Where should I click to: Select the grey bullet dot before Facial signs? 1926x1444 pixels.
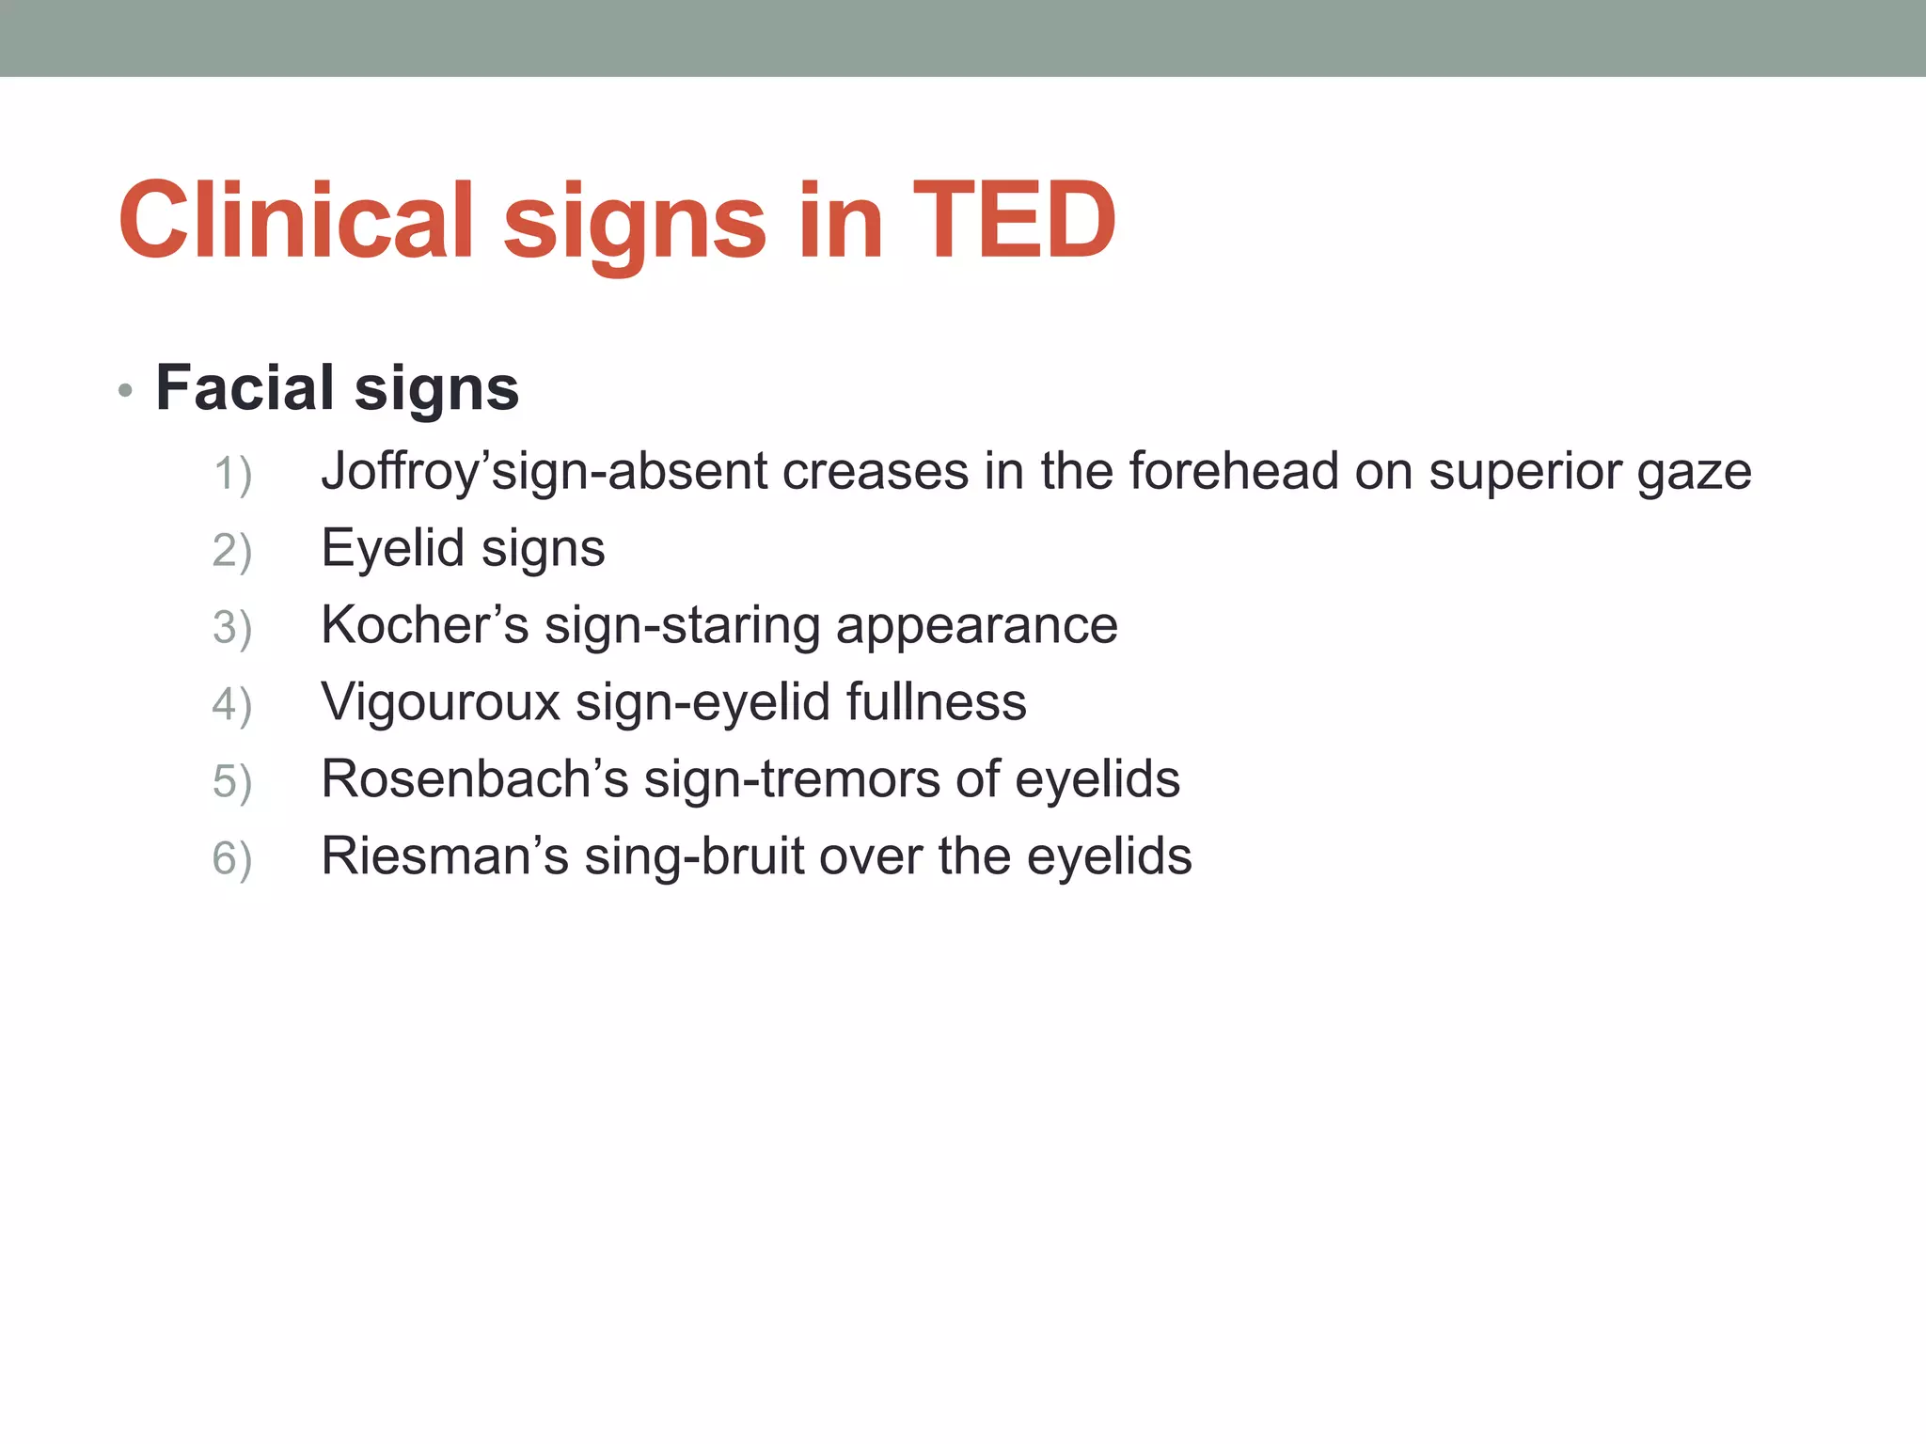click(x=126, y=390)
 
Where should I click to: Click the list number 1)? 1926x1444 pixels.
click(x=232, y=473)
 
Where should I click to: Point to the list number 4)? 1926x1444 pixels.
click(x=232, y=704)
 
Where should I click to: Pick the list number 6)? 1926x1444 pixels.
click(x=232, y=858)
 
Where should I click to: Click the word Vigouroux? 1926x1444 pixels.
click(x=440, y=702)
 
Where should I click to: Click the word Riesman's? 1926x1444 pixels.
click(x=444, y=856)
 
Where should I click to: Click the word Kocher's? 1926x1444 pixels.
click(x=424, y=625)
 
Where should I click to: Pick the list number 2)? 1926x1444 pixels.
click(x=232, y=550)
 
